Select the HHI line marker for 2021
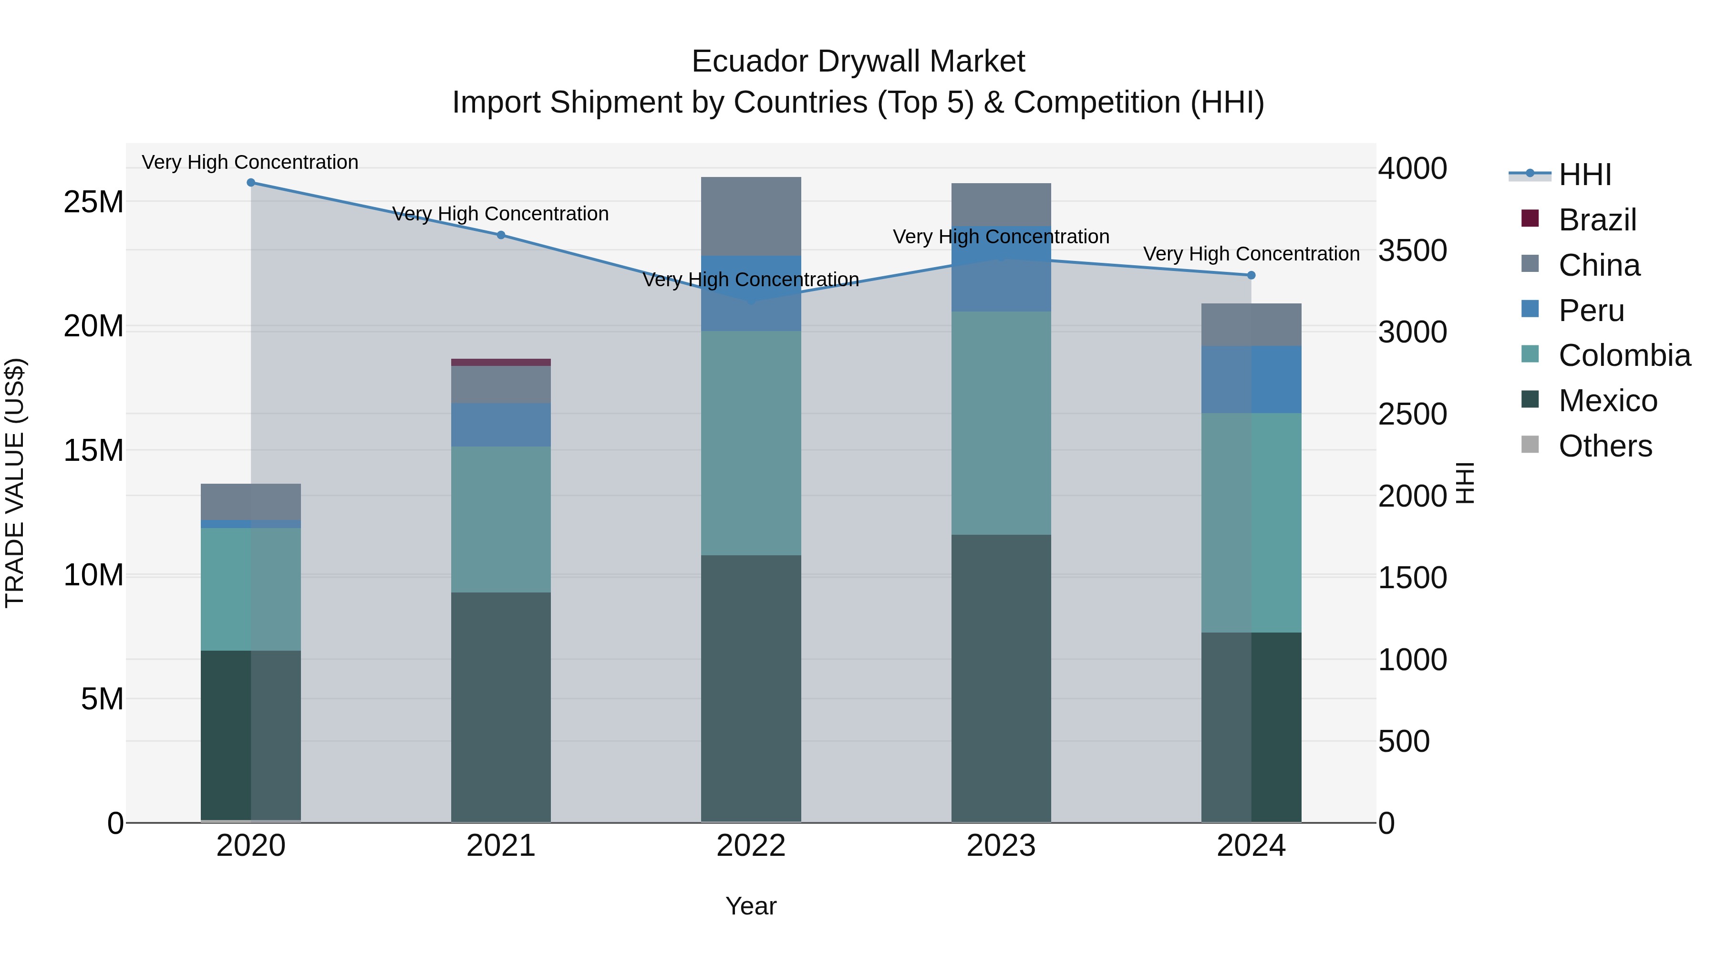tap(501, 235)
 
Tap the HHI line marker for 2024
tap(1251, 275)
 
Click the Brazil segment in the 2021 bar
tap(501, 363)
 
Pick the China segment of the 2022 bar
tap(751, 216)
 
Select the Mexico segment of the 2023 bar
tap(1001, 678)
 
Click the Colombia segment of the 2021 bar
tap(501, 519)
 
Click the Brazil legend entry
tap(1597, 220)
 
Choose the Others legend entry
tap(1605, 446)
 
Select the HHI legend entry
tap(1585, 175)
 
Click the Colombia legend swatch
tap(1531, 354)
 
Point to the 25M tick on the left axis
tap(93, 201)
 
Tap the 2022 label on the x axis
tap(751, 846)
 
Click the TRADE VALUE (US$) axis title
tap(15, 483)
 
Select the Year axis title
tap(751, 906)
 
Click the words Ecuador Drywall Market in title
tap(858, 62)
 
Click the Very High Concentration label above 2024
tap(1251, 254)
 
